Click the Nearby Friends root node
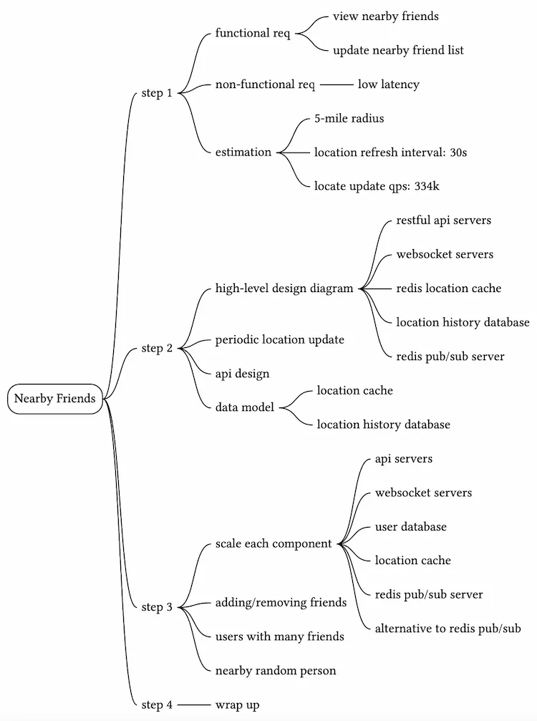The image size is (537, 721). point(54,399)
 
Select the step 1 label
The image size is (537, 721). point(157,93)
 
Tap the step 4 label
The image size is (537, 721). point(157,705)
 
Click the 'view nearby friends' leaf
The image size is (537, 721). point(385,16)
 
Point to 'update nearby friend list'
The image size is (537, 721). point(398,50)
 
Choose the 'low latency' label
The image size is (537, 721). point(388,84)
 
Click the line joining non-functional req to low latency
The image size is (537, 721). point(337,84)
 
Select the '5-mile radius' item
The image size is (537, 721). point(349,118)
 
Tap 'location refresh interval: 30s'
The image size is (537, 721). point(390,152)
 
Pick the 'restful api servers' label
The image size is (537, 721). point(443,221)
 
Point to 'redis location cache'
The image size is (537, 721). point(448,289)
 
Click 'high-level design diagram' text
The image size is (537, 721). point(284,289)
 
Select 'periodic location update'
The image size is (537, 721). point(279,339)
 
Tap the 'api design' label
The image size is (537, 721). point(242,373)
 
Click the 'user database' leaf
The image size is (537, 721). point(410,527)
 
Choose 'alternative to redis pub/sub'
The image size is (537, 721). point(447,629)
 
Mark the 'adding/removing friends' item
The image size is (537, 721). point(281,603)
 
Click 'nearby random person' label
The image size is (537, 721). point(276,671)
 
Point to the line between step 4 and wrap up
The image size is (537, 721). point(193,705)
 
